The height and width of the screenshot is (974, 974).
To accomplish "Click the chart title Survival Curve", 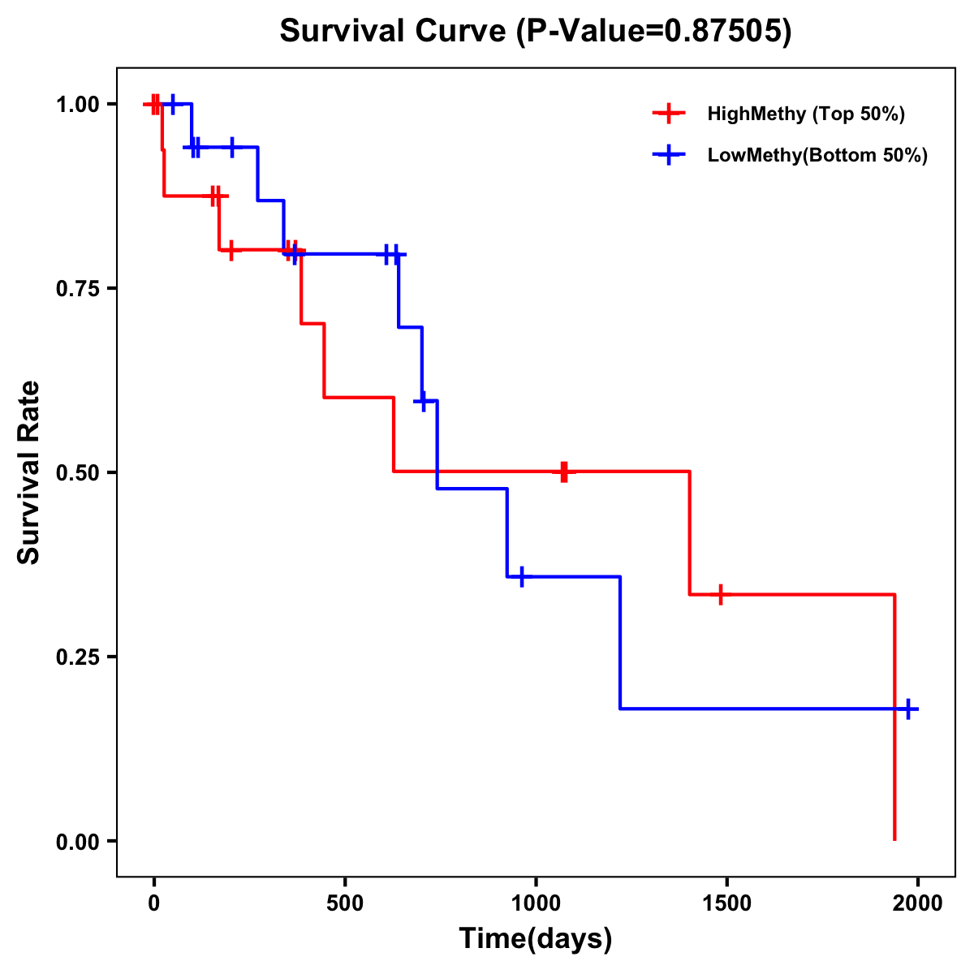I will pos(535,31).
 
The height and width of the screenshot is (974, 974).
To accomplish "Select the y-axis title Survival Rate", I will pos(29,472).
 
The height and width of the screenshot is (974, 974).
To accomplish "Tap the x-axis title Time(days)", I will pos(536,938).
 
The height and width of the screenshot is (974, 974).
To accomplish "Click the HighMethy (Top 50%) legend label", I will pos(806,114).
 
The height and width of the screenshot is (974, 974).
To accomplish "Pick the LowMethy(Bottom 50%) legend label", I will pos(817,156).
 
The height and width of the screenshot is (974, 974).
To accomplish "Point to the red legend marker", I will pos(669,114).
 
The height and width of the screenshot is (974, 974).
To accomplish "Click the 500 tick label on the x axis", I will pos(345,903).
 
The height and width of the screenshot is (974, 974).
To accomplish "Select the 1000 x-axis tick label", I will pos(536,903).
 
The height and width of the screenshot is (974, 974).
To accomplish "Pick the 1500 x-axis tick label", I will pos(726,903).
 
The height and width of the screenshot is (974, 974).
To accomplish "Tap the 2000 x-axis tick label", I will pos(918,903).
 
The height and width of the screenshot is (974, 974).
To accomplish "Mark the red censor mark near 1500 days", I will pos(719,595).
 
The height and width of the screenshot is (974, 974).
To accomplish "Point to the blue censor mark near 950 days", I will pos(521,576).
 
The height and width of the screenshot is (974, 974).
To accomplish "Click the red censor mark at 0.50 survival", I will pos(564,472).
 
